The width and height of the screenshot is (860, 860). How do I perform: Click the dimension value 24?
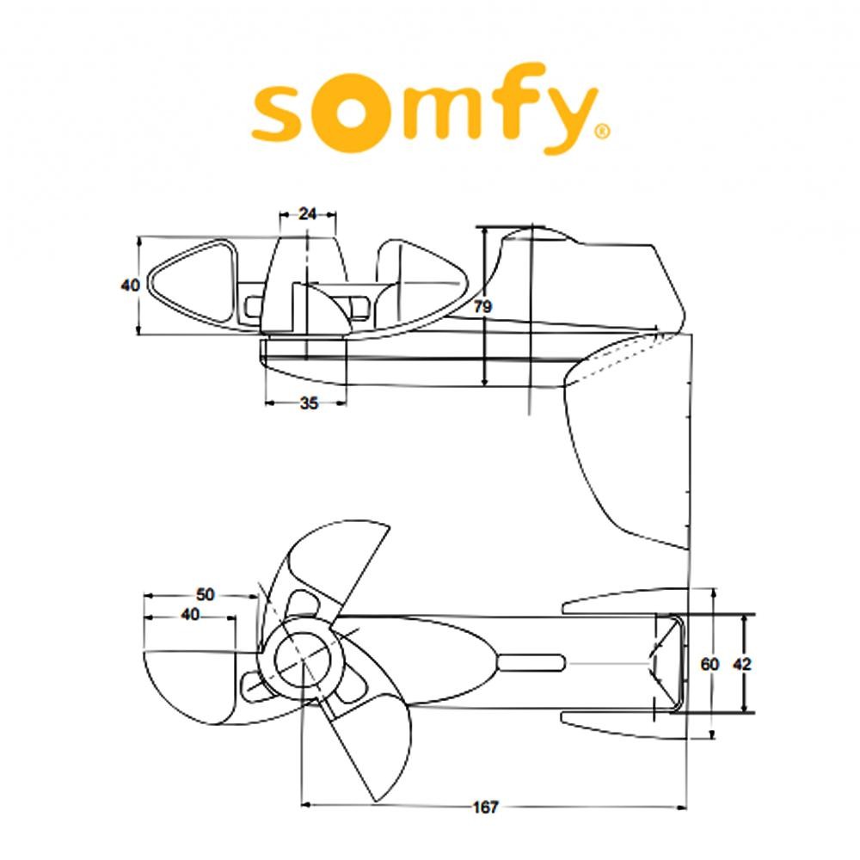pyautogui.click(x=308, y=214)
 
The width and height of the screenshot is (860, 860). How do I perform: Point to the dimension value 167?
pyautogui.click(x=486, y=808)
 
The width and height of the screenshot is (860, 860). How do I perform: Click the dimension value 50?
pyautogui.click(x=206, y=594)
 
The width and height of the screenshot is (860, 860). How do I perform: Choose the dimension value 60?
pyautogui.click(x=709, y=664)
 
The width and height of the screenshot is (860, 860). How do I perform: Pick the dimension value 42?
pyautogui.click(x=741, y=664)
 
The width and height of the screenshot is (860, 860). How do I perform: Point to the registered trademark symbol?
pyautogui.click(x=604, y=132)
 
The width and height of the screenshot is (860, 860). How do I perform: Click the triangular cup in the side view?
pyautogui.click(x=190, y=282)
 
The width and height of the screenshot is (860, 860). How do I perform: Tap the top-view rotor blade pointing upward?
pyautogui.click(x=340, y=559)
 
